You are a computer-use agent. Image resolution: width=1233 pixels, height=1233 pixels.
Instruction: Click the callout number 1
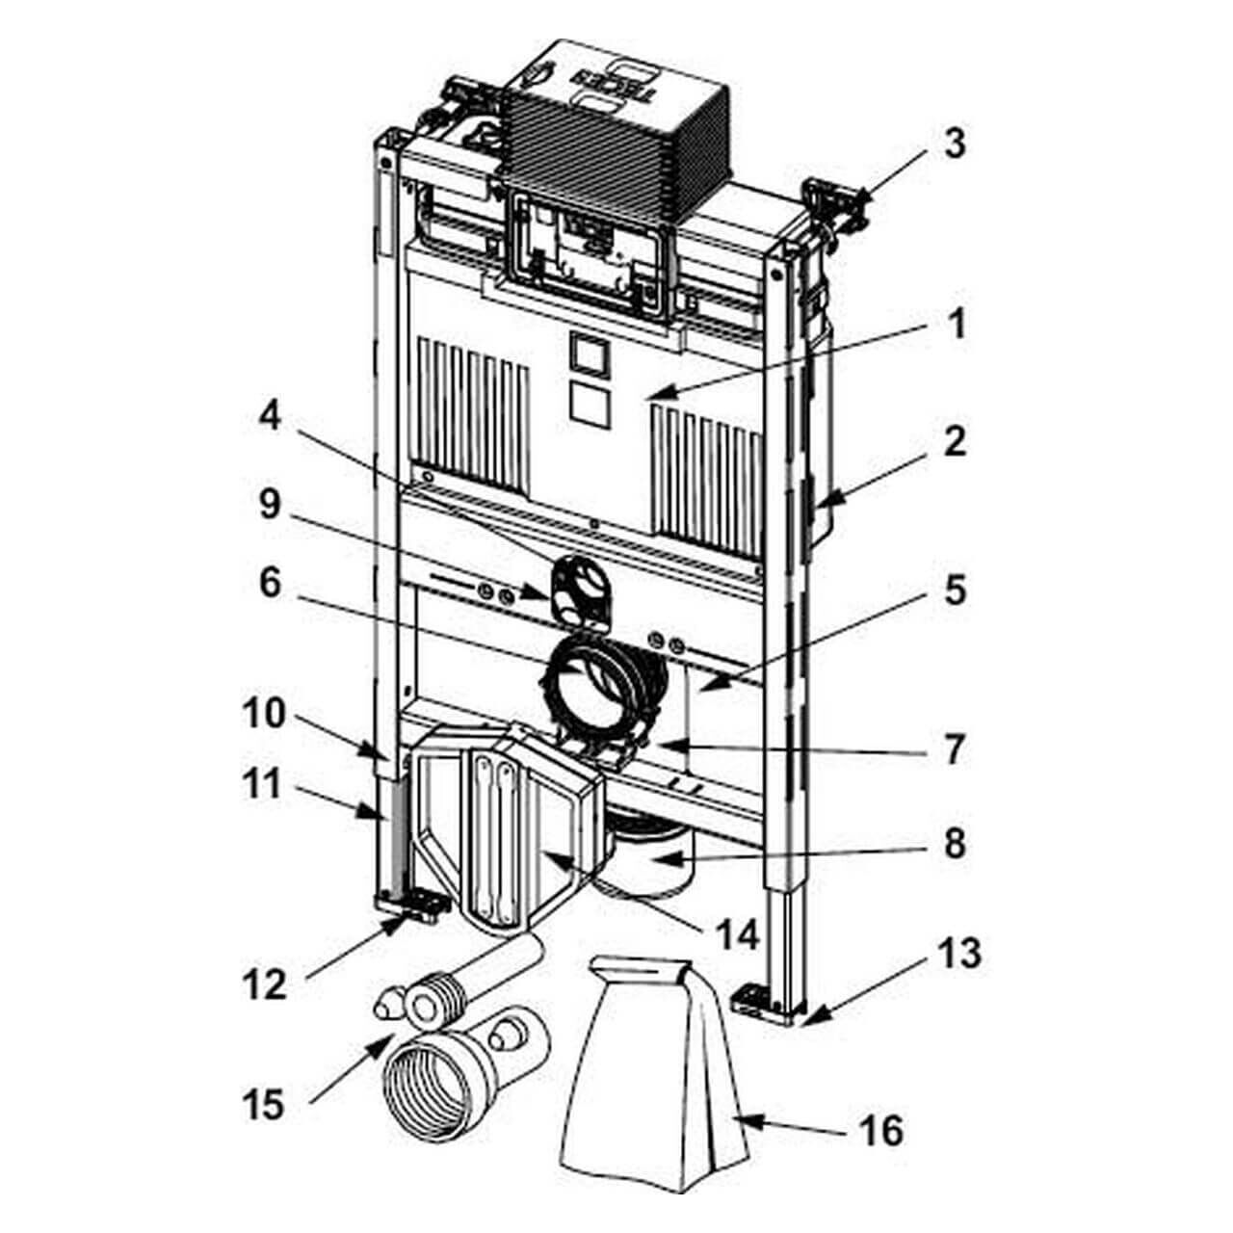[954, 327]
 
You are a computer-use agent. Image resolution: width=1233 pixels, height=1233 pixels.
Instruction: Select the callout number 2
[954, 442]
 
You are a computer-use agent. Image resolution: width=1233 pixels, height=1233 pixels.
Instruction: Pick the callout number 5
[954, 590]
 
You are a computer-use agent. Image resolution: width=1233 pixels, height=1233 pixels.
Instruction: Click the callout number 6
[271, 583]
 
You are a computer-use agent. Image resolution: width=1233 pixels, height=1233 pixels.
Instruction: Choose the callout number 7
[954, 748]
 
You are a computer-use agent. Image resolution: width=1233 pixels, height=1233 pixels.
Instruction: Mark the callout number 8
[954, 844]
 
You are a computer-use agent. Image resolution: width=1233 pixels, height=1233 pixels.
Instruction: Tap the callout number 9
[271, 505]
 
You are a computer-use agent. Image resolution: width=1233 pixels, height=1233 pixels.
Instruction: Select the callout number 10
[263, 714]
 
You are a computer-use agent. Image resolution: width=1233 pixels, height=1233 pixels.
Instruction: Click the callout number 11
[263, 784]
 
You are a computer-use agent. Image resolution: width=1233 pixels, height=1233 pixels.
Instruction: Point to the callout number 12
[263, 984]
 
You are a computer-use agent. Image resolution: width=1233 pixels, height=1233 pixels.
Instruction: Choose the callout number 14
[736, 933]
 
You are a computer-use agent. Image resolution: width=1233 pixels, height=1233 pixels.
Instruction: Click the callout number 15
[263, 1104]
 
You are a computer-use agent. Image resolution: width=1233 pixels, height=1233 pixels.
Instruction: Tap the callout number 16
[880, 1129]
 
